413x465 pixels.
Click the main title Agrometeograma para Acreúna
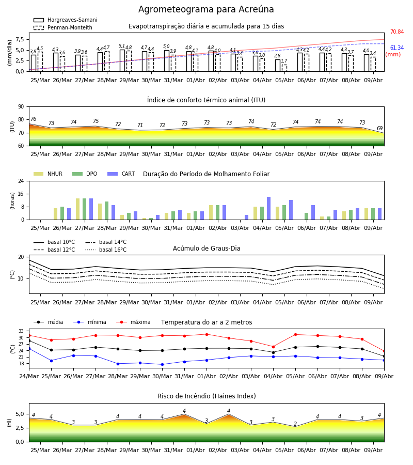pos(206,9)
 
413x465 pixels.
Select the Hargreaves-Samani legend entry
pos(65,20)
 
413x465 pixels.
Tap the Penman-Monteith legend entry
pos(63,27)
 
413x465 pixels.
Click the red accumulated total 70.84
pos(397,32)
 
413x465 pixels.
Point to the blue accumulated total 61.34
pos(397,48)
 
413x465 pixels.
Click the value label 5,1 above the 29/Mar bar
pos(122,46)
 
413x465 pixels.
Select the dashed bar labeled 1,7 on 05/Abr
pos(284,68)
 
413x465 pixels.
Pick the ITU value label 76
pos(33,119)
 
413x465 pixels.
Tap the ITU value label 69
pos(379,128)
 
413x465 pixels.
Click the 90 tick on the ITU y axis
pos(21,107)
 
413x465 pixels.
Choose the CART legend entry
pos(121,174)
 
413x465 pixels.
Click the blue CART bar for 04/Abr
pos(269,208)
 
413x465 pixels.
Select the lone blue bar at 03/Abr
pos(246,218)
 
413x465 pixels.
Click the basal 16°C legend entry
pos(106,250)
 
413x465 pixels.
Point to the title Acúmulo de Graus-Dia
pos(206,248)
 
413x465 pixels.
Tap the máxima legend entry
pos(133,322)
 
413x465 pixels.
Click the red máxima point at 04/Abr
pos(273,347)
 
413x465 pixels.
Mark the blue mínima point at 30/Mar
pos(162,364)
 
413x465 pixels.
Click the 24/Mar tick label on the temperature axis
pos(29,376)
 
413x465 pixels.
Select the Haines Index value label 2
pos(295,424)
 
